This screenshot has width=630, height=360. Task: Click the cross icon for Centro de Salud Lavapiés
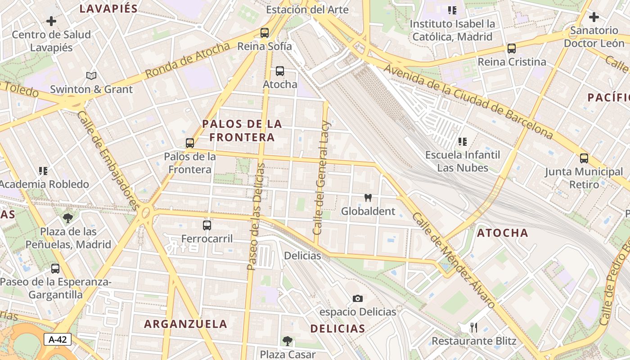(x=51, y=21)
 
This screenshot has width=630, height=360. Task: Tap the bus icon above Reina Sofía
(x=265, y=33)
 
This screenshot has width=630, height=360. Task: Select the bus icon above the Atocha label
(x=280, y=71)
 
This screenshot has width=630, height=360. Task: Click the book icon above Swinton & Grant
(x=91, y=76)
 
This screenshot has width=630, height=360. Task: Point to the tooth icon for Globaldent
(x=368, y=198)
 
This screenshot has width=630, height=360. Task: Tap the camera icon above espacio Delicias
(x=358, y=298)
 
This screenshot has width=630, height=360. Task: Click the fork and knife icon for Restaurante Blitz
(x=473, y=327)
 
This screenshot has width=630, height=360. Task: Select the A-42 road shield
(x=58, y=339)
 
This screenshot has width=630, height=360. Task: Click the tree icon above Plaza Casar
(x=288, y=341)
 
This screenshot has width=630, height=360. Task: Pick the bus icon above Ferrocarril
(x=207, y=225)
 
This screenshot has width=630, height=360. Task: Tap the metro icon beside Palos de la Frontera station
(x=190, y=143)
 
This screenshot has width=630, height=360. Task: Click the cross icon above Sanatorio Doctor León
(x=594, y=18)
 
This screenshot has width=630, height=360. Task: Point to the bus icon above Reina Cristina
(x=512, y=49)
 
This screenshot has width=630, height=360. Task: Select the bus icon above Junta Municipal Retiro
(x=584, y=158)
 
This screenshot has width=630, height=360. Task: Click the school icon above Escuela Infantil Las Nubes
(x=463, y=142)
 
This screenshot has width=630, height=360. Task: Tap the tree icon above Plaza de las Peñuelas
(x=68, y=219)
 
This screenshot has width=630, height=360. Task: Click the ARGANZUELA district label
(x=185, y=324)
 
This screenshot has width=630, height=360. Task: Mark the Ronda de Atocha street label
(x=188, y=60)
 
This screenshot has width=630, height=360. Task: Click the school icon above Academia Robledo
(x=43, y=171)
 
